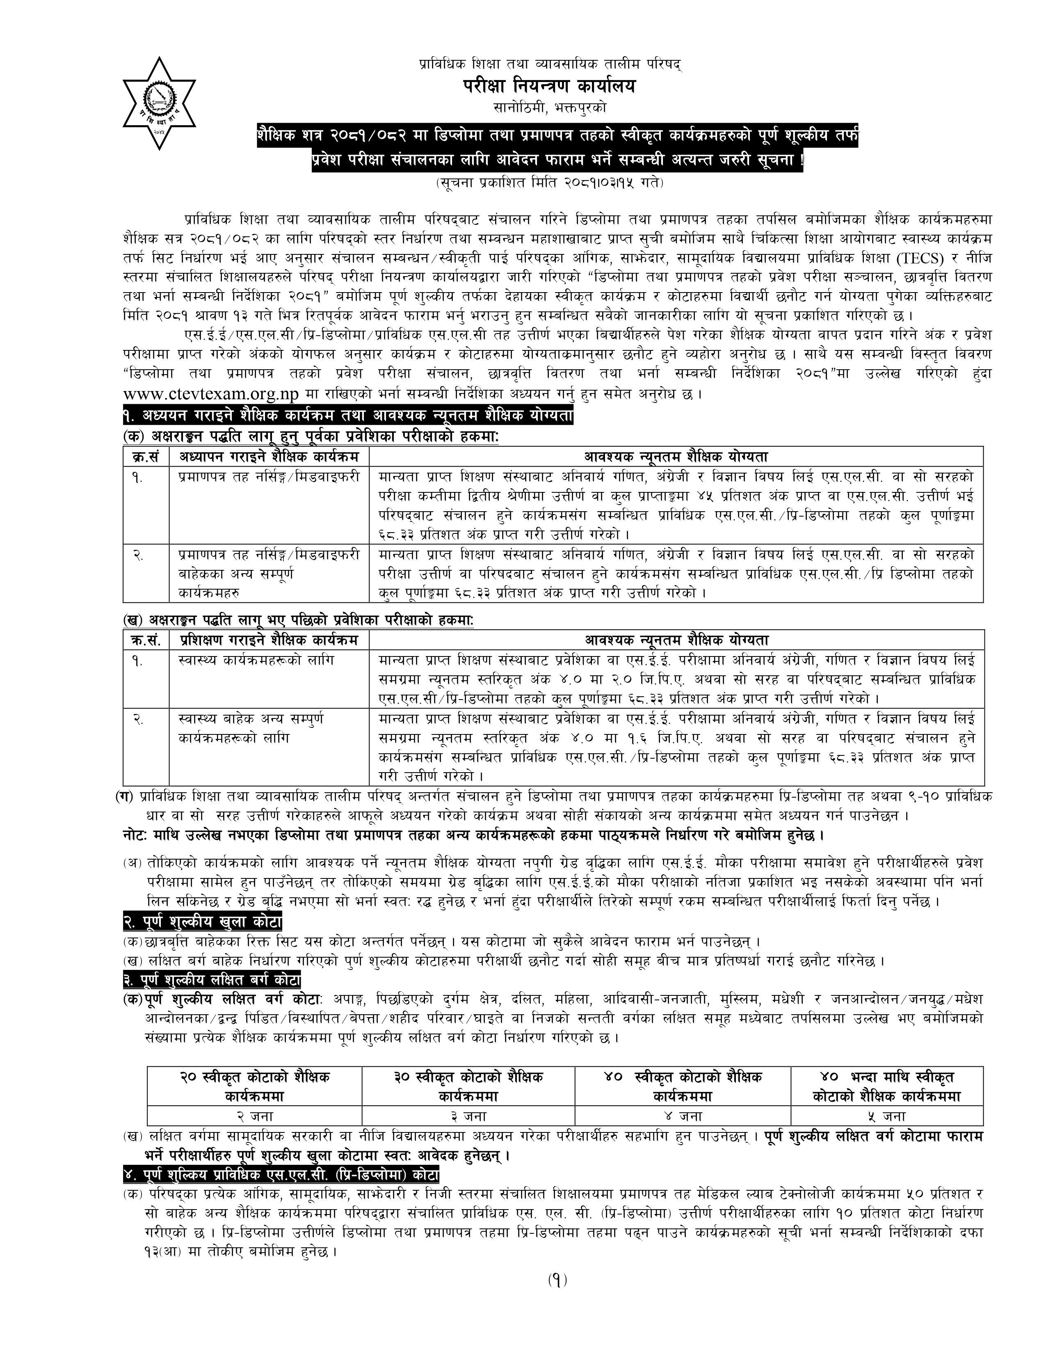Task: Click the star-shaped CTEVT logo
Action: pyautogui.click(x=159, y=103)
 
